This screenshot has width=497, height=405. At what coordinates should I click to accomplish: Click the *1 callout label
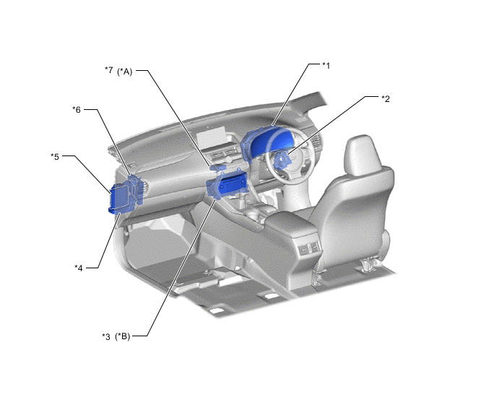tap(327, 66)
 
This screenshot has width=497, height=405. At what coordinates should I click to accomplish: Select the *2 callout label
tap(386, 98)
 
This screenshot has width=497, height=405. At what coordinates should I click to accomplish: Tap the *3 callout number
tap(106, 336)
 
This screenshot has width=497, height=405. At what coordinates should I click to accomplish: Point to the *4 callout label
tap(78, 268)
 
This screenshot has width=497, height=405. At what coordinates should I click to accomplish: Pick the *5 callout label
tap(55, 156)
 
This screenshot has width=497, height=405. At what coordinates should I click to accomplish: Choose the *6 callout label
tap(77, 110)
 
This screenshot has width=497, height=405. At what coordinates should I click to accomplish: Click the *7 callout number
tap(108, 70)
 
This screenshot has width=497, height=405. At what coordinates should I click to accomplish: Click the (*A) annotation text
tap(124, 72)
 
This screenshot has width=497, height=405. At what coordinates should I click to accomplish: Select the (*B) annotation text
tap(123, 336)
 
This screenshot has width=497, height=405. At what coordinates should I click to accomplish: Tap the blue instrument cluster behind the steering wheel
tap(267, 140)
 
